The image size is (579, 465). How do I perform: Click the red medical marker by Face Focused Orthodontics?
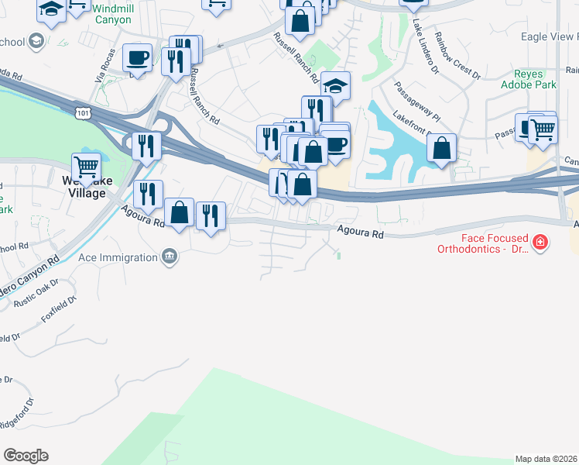coord(540,243)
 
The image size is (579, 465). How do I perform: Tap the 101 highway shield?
coord(83,114)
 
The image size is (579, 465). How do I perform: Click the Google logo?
coord(26,456)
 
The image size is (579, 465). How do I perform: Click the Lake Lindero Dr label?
coord(425,46)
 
